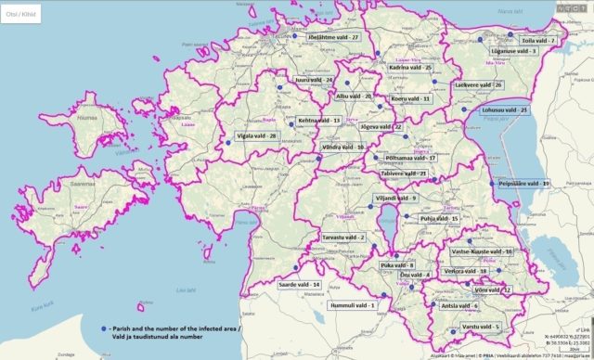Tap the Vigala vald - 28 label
tap(252, 135)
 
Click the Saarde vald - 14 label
tap(301, 284)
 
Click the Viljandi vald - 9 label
tap(395, 198)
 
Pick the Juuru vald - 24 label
tap(315, 81)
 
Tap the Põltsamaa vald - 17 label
tap(410, 158)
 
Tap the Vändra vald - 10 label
tap(342, 147)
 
